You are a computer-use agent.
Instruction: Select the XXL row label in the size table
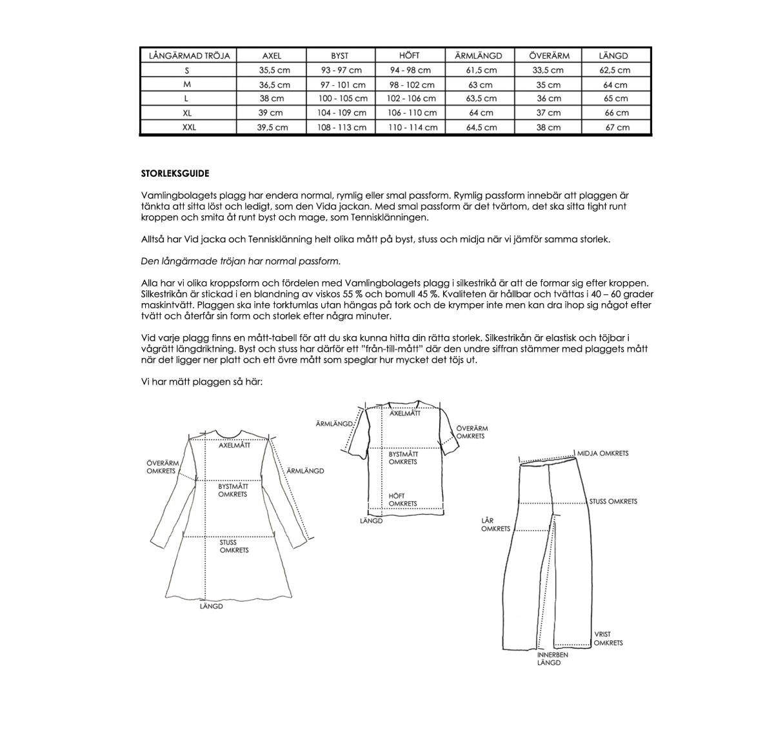tap(189, 127)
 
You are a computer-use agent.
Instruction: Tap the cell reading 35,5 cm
tap(273, 70)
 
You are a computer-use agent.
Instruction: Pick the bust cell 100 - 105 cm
tap(342, 99)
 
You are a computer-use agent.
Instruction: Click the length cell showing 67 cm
tap(615, 127)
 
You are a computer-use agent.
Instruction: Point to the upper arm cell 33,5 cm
tap(548, 70)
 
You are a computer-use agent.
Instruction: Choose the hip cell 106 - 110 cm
tap(412, 113)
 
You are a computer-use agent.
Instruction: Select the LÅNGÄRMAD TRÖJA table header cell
tap(189, 56)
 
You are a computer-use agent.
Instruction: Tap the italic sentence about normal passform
tap(240, 261)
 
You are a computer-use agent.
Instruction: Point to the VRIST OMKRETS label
tap(608, 639)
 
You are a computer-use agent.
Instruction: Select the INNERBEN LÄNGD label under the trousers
tap(553, 659)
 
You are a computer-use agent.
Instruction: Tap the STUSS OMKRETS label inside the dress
tap(233, 546)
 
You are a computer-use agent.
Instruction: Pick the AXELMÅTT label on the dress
tap(234, 445)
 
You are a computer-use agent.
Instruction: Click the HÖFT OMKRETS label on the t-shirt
tap(403, 500)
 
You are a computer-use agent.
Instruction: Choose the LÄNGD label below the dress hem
tap(211, 607)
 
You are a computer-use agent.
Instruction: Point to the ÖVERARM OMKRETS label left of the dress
tap(161, 467)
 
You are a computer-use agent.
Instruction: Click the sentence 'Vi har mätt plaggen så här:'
tap(201, 381)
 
